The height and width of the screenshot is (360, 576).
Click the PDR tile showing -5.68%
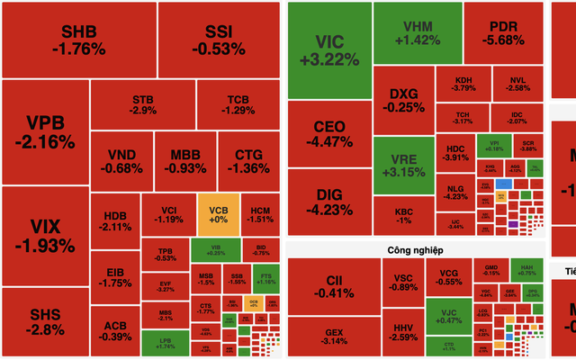503,32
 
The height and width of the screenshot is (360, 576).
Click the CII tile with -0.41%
333,284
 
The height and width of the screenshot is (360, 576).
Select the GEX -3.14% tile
333,337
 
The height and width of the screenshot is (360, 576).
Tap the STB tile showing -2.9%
142,104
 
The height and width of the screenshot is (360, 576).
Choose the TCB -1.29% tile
238,104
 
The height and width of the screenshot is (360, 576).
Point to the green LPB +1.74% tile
165,342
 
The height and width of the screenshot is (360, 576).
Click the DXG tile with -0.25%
404,100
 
